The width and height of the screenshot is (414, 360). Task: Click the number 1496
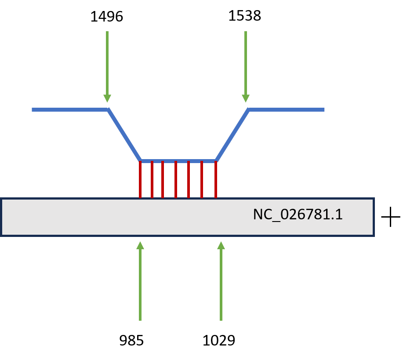(107, 17)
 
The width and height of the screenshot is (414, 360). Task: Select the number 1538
(245, 16)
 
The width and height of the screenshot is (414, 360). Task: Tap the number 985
(131, 340)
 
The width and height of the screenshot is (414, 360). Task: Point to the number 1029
(218, 340)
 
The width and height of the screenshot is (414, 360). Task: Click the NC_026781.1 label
(298, 215)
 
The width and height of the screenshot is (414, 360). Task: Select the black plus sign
(391, 217)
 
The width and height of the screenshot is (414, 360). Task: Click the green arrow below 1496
(107, 66)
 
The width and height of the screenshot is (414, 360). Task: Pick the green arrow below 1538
(246, 66)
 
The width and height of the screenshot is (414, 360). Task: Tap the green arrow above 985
(140, 281)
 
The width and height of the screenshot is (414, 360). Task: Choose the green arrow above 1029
(221, 281)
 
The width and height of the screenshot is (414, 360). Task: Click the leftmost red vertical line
(140, 179)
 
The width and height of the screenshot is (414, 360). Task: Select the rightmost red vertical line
(216, 179)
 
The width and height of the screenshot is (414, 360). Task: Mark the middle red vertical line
(176, 179)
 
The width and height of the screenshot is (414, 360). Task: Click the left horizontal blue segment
(70, 109)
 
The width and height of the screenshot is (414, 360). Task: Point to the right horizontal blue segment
(287, 109)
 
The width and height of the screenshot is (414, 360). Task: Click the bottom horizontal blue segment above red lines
(178, 161)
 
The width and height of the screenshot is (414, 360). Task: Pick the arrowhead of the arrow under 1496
(107, 98)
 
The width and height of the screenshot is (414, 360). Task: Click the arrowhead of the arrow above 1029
(221, 245)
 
